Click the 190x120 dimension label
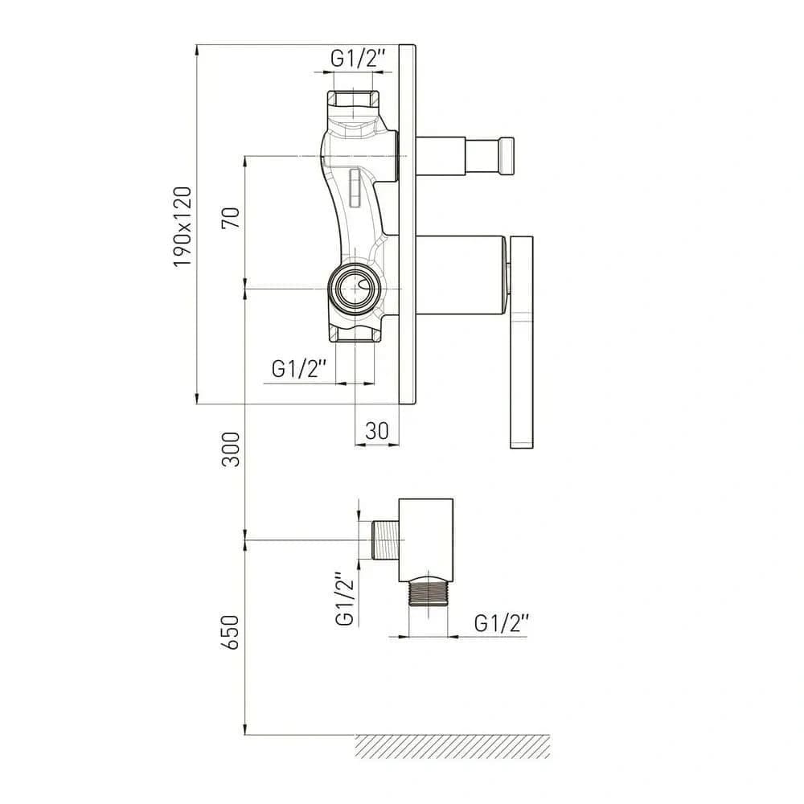point(183,227)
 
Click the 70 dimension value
point(231,218)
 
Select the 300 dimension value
point(231,449)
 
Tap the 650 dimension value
point(231,633)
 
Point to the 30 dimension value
point(377,431)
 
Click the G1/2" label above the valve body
point(358,59)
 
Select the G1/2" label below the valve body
point(298,368)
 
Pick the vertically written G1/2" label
point(345,599)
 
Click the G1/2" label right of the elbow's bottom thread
point(501,624)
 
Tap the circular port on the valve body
point(355,288)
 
